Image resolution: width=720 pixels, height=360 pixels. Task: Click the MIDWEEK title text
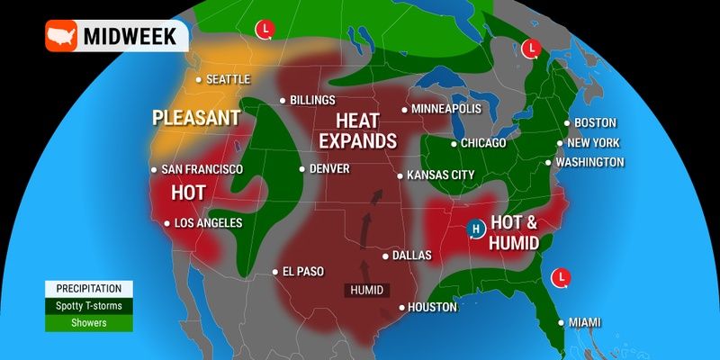pos(133,37)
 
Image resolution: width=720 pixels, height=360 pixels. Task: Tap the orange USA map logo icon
pos(62,37)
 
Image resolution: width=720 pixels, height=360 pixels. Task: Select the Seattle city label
pos(227,79)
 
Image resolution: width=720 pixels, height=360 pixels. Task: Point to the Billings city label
pos(313,101)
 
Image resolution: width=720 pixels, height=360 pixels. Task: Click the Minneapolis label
pos(446,109)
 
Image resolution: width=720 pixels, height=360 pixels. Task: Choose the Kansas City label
pos(440,175)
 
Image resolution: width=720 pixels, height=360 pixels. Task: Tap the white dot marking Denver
pos(302,168)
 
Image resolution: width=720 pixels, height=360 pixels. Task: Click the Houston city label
pos(433,307)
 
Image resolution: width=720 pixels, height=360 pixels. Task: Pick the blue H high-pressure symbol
pos(476,230)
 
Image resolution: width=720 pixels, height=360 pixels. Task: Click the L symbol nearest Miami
pos(561,276)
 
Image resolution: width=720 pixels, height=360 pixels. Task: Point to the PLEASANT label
pos(195,118)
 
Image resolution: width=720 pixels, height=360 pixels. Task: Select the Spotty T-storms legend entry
pos(89,306)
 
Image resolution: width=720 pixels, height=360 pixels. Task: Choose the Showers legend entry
pos(89,322)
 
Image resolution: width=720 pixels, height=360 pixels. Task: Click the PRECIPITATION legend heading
pos(89,289)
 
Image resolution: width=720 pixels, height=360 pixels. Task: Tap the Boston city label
pos(595,123)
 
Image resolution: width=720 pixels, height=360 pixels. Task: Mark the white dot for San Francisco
pos(154,169)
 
